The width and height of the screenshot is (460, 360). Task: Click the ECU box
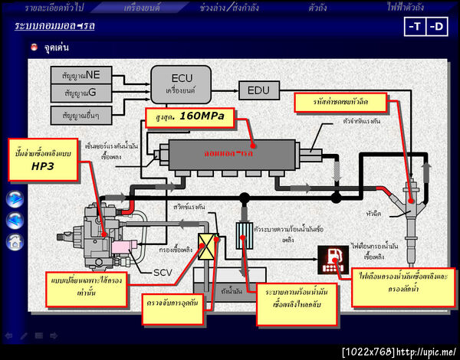tap(180, 83)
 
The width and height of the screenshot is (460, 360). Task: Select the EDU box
tap(259, 90)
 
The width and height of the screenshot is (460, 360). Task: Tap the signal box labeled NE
tap(81, 76)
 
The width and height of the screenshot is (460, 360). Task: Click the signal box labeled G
tap(81, 93)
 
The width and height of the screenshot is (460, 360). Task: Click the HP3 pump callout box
tap(42, 159)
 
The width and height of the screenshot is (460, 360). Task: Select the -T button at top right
tap(415, 27)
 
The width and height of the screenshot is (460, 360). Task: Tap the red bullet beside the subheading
tap(34, 47)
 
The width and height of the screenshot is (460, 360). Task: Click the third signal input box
tap(81, 114)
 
